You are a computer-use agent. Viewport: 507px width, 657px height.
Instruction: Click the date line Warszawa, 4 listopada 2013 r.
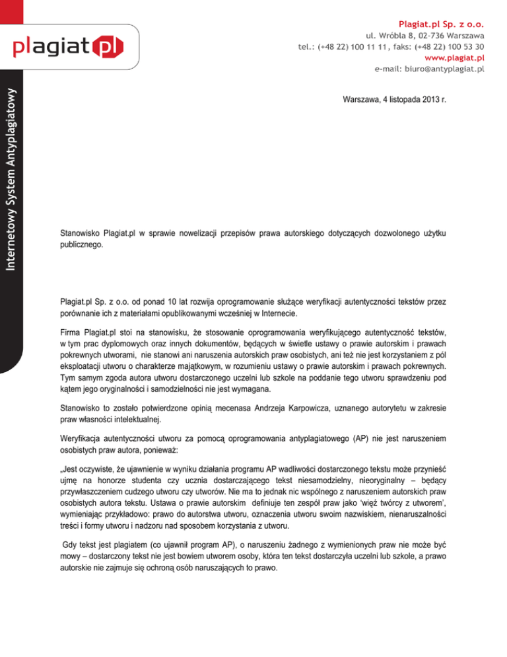(394, 100)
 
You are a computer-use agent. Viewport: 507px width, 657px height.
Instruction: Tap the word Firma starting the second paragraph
(70, 329)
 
